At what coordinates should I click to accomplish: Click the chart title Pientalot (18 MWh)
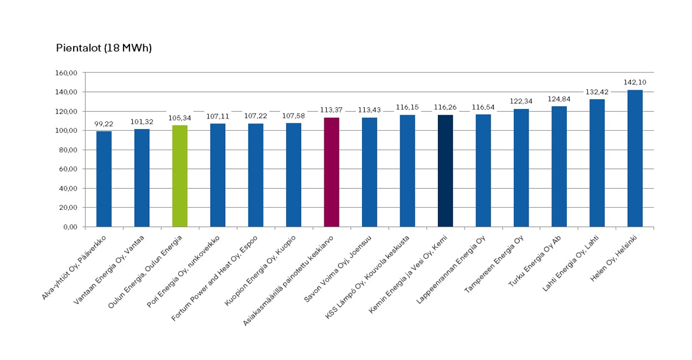click(104, 48)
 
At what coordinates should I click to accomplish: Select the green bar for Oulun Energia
click(180, 176)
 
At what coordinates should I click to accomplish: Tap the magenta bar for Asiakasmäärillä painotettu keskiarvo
click(332, 172)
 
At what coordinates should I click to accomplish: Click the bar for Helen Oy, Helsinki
click(635, 158)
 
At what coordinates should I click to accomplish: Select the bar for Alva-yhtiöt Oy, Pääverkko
click(104, 179)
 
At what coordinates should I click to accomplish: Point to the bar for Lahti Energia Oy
click(597, 163)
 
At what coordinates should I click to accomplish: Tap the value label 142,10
click(635, 83)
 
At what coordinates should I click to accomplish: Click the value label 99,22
click(104, 124)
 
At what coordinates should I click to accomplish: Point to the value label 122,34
click(521, 102)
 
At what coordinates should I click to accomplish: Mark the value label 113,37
click(332, 110)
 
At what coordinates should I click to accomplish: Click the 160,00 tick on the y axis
click(66, 73)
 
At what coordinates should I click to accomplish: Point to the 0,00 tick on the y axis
click(70, 227)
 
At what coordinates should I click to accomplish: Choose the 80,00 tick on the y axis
click(68, 150)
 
